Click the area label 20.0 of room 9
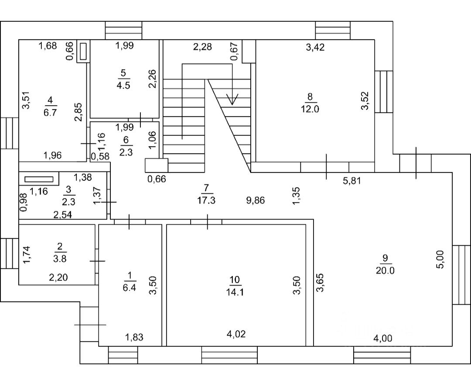(x=385, y=271)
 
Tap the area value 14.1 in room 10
(x=235, y=292)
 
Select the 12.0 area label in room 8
(x=310, y=109)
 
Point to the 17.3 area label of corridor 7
(x=206, y=201)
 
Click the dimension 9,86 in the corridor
(x=256, y=201)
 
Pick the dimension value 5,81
(x=352, y=181)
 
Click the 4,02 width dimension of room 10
(x=236, y=334)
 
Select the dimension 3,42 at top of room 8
(x=315, y=47)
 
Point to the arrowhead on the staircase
(x=232, y=99)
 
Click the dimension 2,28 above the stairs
(x=202, y=47)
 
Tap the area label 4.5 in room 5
(x=123, y=86)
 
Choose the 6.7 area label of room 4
(x=50, y=113)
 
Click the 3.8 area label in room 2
(x=60, y=259)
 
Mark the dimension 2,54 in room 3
(x=63, y=215)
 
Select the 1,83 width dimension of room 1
(x=134, y=337)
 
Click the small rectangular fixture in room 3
(x=39, y=180)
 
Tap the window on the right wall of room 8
(x=384, y=92)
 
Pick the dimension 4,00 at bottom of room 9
(x=383, y=339)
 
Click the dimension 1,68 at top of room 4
(x=48, y=46)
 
